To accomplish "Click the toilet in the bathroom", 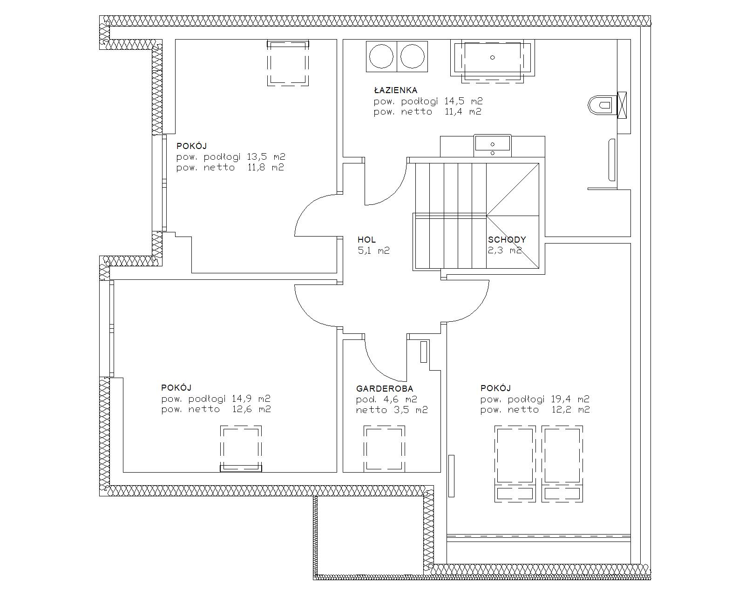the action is click(603, 105).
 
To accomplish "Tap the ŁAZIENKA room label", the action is click(396, 90).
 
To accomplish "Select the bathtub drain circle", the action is click(493, 57).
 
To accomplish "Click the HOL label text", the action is click(366, 240).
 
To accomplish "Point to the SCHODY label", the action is click(507, 240).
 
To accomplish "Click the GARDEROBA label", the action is click(385, 389).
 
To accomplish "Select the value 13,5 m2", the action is click(266, 157).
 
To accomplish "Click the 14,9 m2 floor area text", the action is click(251, 399).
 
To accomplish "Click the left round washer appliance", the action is click(381, 56).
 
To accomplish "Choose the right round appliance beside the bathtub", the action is click(413, 56).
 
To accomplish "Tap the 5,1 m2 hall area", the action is click(374, 251).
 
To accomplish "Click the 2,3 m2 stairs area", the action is click(505, 250).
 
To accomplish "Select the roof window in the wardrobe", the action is click(384, 449).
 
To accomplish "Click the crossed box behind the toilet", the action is click(622, 105).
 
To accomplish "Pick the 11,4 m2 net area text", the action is click(463, 112).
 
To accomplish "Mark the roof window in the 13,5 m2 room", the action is click(288, 63).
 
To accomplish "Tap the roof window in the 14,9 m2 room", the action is click(241, 449).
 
